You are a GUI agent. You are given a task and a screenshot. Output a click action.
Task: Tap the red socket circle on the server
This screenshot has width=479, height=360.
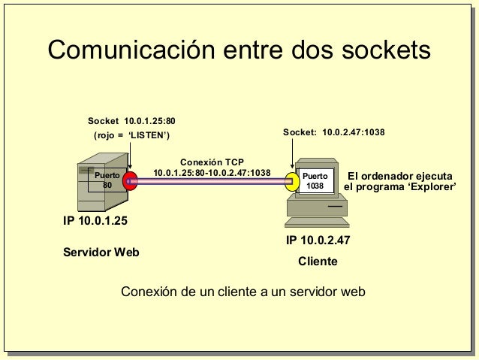coord(130,181)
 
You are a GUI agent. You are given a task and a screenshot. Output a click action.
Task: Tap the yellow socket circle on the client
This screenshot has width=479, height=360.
coord(291,181)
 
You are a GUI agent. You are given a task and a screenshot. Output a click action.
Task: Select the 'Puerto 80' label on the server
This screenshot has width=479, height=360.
coord(107,180)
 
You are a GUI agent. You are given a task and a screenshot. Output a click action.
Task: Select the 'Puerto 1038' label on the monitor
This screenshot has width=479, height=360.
coord(315,180)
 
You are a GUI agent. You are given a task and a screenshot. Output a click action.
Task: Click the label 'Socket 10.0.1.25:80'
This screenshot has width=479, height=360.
coord(131,120)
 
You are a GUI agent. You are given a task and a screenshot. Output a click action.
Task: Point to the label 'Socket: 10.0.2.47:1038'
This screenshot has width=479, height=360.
coord(333,132)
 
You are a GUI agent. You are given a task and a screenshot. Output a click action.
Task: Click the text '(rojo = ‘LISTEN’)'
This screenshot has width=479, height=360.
coord(131,135)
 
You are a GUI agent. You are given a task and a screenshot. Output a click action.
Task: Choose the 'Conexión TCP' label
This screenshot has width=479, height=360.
coord(212,162)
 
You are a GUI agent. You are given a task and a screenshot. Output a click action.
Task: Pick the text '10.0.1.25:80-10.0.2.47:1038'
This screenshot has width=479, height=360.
coord(212,173)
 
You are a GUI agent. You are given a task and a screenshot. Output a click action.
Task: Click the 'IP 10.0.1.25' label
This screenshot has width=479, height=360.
coord(95,221)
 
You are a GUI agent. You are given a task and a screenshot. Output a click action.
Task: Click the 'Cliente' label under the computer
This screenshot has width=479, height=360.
coord(318,262)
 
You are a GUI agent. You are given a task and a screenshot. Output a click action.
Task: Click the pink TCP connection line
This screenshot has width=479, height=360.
coord(210,181)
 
